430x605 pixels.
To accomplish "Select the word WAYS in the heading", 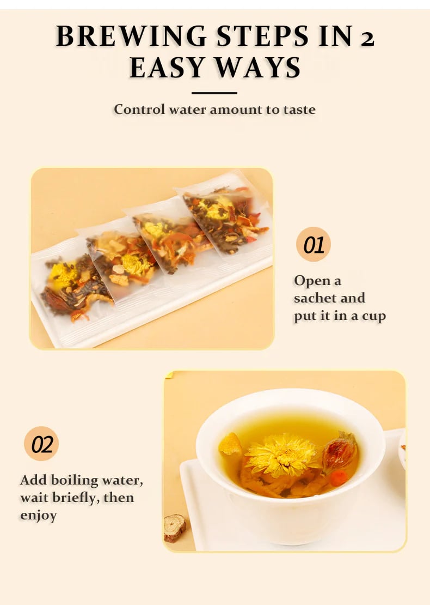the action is click(257, 68).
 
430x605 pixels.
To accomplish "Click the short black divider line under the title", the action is click(214, 93).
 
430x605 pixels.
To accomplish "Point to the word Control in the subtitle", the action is click(139, 109).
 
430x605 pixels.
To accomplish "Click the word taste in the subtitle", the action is click(299, 110).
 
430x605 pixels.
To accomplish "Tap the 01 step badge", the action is click(314, 244).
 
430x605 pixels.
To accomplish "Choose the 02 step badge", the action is click(41, 444).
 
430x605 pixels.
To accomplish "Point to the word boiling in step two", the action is click(75, 481).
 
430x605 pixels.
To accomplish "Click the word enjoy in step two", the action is click(39, 516).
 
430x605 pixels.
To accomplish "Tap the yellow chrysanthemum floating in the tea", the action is click(282, 455).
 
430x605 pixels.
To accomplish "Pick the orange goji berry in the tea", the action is click(339, 477).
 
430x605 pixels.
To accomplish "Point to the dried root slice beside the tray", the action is click(175, 528).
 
